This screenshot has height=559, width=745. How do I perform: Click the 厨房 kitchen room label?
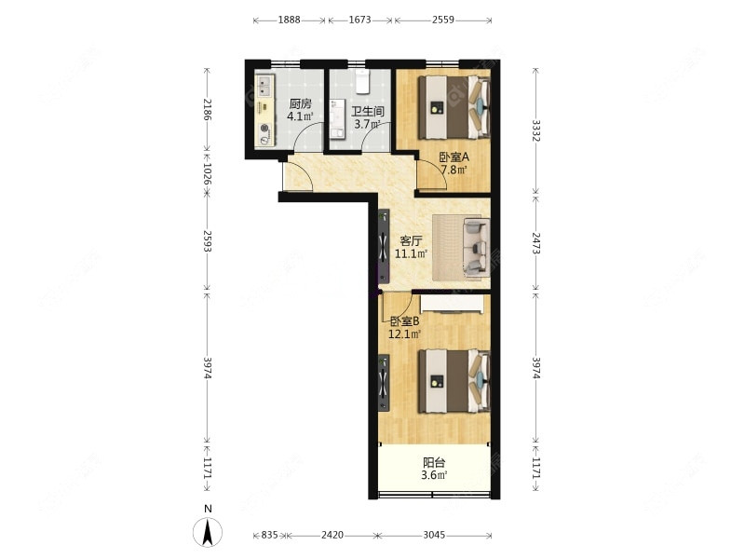(x=300, y=103)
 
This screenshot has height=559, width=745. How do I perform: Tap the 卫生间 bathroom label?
(x=367, y=111)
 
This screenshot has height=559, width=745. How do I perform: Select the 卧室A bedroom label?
(x=454, y=157)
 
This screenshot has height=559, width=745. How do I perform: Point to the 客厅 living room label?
(x=411, y=240)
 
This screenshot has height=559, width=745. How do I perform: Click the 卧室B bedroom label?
(x=404, y=321)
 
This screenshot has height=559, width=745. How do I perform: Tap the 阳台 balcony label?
(x=434, y=462)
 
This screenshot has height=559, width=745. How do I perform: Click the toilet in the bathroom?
(x=363, y=81)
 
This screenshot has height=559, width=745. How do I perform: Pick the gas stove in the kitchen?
(x=264, y=134)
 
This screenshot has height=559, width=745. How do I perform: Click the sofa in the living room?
(x=477, y=246)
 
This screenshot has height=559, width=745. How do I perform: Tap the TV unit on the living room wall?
(x=384, y=247)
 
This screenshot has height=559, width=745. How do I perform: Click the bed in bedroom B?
(x=454, y=381)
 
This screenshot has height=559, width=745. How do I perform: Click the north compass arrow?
(x=208, y=532)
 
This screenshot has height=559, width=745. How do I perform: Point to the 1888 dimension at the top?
(x=289, y=20)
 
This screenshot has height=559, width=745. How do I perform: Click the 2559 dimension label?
(x=443, y=20)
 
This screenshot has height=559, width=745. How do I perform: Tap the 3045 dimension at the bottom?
(x=434, y=535)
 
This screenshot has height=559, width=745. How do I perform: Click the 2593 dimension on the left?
(x=207, y=241)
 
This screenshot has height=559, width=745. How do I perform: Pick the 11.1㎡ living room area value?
(x=411, y=253)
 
